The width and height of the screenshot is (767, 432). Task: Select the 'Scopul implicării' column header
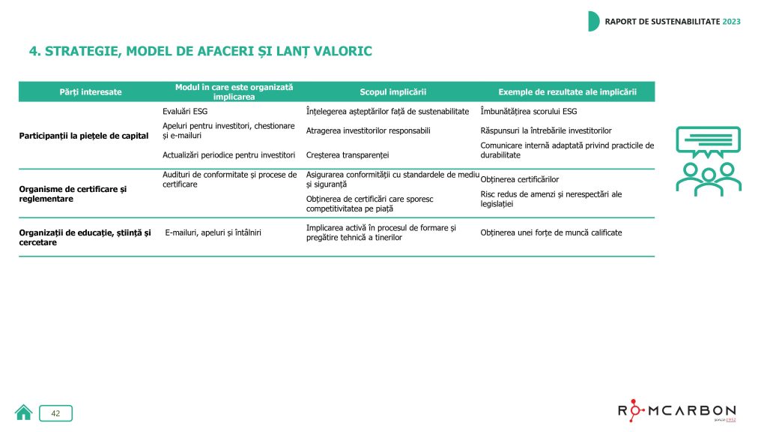[393, 91]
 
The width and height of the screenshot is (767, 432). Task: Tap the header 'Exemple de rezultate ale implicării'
[568, 91]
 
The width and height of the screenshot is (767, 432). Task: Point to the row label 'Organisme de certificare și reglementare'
[73, 193]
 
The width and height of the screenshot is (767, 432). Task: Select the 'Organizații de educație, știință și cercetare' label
[85, 237]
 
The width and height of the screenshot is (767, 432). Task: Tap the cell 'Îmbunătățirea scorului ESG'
[528, 111]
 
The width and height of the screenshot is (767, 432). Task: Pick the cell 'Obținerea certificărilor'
[519, 179]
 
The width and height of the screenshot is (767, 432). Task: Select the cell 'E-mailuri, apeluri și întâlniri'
[214, 232]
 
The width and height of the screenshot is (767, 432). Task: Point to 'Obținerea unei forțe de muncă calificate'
[551, 232]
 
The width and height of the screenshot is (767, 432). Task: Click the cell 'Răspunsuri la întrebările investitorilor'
[545, 130]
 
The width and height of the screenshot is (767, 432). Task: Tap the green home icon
[24, 412]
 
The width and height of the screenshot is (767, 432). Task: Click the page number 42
[55, 412]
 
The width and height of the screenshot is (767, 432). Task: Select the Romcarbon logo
[677, 411]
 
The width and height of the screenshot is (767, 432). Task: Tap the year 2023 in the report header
[731, 21]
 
